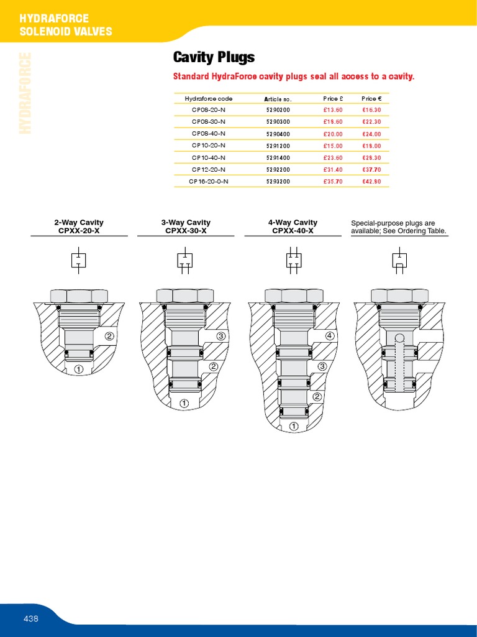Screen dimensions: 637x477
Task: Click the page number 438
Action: click(31, 618)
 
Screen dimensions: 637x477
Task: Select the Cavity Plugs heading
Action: click(213, 58)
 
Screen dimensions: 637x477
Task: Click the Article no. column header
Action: click(278, 99)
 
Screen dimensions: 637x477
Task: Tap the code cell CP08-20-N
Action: click(209, 110)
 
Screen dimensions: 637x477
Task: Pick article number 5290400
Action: click(278, 134)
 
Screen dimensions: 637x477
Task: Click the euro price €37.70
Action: click(371, 169)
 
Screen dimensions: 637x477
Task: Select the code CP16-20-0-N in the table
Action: click(209, 181)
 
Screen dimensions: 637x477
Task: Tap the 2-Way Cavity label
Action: click(79, 222)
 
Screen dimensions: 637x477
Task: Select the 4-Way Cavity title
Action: click(293, 222)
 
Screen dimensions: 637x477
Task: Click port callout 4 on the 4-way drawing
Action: click(330, 336)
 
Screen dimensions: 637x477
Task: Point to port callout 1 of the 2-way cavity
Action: click(79, 369)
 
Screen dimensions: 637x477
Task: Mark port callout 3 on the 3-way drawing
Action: click(221, 337)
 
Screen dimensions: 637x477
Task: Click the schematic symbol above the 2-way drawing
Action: click(79, 259)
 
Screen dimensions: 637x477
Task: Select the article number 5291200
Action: click(278, 146)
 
